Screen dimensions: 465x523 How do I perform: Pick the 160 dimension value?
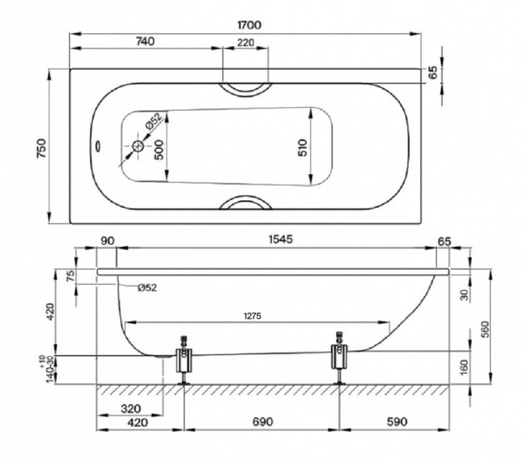click(x=464, y=367)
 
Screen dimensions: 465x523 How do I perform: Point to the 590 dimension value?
click(x=397, y=423)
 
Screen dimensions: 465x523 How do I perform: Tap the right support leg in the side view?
click(x=339, y=358)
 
